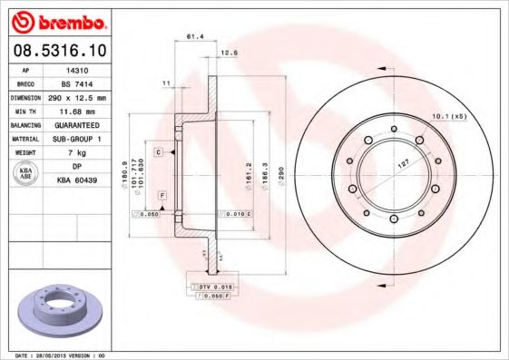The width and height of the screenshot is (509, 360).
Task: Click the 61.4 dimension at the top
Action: [x=193, y=37]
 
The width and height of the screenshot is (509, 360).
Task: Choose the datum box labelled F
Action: [x=161, y=196]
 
